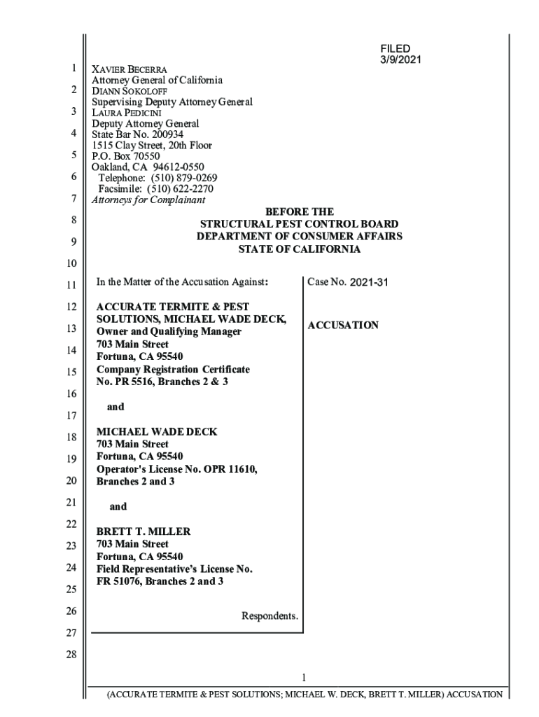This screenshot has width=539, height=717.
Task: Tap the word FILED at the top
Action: tap(395, 48)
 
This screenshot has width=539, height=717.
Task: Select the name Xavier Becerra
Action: tap(129, 70)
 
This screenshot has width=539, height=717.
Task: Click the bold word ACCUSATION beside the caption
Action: tap(343, 326)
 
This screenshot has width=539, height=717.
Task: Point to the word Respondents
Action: tap(269, 616)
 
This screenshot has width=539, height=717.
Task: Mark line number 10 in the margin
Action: tap(71, 264)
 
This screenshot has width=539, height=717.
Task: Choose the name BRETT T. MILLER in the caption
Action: tap(143, 531)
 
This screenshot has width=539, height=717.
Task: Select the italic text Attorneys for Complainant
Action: tap(148, 200)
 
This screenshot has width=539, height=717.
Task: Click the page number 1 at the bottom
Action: tap(303, 677)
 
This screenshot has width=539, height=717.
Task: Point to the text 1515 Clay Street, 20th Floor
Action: tap(152, 145)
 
